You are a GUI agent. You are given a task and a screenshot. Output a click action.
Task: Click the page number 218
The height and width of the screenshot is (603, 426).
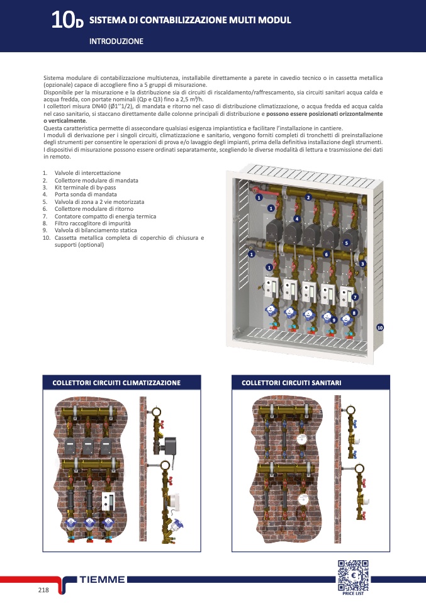tap(43, 590)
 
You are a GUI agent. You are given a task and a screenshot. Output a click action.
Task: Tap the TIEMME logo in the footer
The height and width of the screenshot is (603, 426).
tap(102, 580)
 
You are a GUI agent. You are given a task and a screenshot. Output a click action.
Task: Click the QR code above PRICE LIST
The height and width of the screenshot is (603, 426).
tap(353, 575)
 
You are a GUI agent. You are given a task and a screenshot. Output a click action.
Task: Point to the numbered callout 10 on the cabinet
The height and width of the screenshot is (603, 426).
tap(380, 328)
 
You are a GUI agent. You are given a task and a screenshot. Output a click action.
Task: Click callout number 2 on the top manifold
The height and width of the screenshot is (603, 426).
tap(308, 197)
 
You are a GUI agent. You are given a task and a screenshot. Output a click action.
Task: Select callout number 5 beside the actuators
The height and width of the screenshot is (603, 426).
tap(347, 243)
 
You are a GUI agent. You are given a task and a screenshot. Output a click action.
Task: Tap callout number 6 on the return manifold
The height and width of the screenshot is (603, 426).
tap(327, 254)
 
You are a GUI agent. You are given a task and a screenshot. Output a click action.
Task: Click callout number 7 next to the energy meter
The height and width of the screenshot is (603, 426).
tap(355, 297)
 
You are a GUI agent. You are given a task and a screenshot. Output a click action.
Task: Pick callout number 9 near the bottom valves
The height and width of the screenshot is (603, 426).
tap(334, 320)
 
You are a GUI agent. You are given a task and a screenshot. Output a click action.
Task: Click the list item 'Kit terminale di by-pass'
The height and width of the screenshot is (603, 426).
tap(85, 188)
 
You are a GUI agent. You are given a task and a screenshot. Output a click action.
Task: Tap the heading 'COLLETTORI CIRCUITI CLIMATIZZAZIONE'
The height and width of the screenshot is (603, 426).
tap(116, 383)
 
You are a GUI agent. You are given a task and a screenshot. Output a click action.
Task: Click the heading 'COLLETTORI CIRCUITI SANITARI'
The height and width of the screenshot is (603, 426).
tap(291, 383)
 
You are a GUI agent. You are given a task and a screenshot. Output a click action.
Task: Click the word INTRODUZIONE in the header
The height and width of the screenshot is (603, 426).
tap(116, 41)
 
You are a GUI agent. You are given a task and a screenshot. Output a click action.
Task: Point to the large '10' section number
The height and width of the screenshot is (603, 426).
tap(62, 20)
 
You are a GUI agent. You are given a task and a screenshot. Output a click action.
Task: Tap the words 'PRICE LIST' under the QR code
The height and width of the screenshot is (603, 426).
tap(353, 594)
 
